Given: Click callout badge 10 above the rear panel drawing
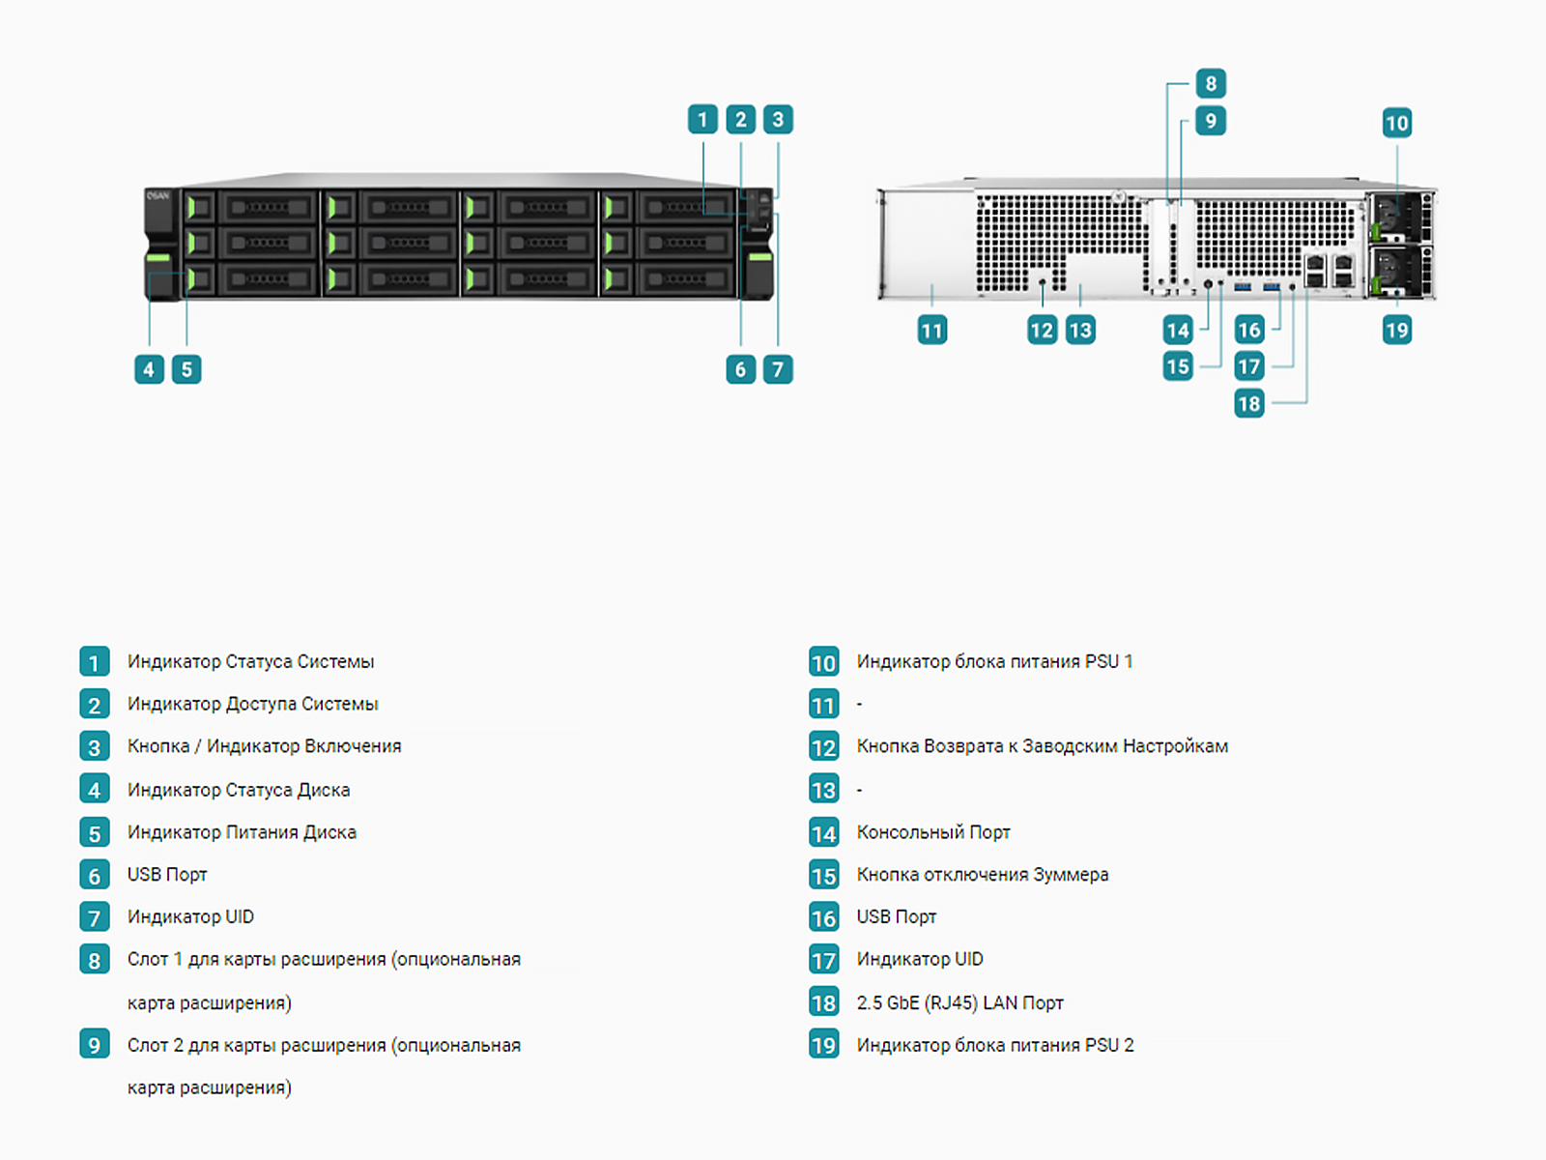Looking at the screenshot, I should [1396, 123].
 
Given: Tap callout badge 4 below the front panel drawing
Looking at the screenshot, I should [149, 369].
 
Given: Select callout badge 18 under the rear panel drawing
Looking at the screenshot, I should [1248, 403].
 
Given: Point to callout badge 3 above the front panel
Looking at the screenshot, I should [778, 120].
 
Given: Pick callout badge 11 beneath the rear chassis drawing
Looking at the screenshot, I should [931, 331].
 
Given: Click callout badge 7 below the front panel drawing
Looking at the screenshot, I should [778, 369].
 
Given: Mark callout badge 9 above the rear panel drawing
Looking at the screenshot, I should [1211, 121].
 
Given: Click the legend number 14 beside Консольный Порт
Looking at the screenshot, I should [823, 833].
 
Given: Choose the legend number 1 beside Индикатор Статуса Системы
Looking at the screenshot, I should [94, 662].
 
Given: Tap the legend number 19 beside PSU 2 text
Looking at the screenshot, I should [823, 1045].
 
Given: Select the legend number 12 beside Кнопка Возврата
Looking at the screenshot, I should [823, 747].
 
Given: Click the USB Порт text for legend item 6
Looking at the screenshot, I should [167, 875].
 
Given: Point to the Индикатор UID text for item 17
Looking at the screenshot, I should [920, 959].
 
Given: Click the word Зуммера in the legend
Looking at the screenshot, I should [1071, 875].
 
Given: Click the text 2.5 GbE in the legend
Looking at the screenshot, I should [887, 1002].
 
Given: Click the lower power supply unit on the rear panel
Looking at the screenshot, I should [1398, 272].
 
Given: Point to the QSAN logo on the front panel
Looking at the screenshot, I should [157, 196].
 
